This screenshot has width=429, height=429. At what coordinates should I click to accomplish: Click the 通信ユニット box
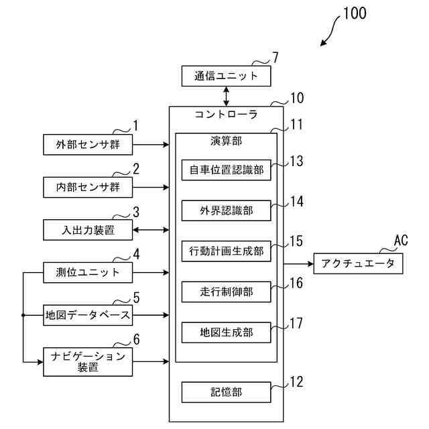click(x=227, y=76)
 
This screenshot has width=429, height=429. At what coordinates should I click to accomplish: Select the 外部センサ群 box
click(x=88, y=145)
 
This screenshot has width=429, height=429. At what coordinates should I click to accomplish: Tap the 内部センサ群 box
click(x=88, y=188)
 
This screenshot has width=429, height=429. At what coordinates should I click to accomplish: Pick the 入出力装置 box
click(x=88, y=230)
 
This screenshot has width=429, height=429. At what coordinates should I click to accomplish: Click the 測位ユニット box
click(x=88, y=273)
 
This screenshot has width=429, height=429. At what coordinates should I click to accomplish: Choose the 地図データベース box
click(x=88, y=315)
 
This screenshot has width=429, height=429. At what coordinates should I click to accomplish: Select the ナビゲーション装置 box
click(x=88, y=362)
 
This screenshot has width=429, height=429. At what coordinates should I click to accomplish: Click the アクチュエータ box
click(x=358, y=263)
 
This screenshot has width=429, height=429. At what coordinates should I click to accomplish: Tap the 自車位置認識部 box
click(x=227, y=170)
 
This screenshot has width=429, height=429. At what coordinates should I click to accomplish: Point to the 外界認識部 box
click(x=227, y=210)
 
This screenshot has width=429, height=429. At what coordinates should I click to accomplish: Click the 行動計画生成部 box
click(x=227, y=251)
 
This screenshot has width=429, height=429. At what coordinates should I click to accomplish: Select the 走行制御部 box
click(x=227, y=292)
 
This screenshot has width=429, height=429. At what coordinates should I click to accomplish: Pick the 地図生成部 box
click(x=227, y=332)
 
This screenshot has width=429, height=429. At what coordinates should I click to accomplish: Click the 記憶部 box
click(x=227, y=392)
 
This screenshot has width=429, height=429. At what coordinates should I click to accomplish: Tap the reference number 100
click(x=355, y=13)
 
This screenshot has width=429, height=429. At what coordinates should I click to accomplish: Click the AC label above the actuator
click(x=401, y=240)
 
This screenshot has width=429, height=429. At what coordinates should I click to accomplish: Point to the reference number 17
click(x=296, y=323)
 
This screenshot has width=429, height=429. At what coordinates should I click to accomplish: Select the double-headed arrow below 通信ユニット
click(x=227, y=97)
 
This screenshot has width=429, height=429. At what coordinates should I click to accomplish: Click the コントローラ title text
click(x=226, y=115)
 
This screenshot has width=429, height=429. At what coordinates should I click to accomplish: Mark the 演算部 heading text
click(x=227, y=141)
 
